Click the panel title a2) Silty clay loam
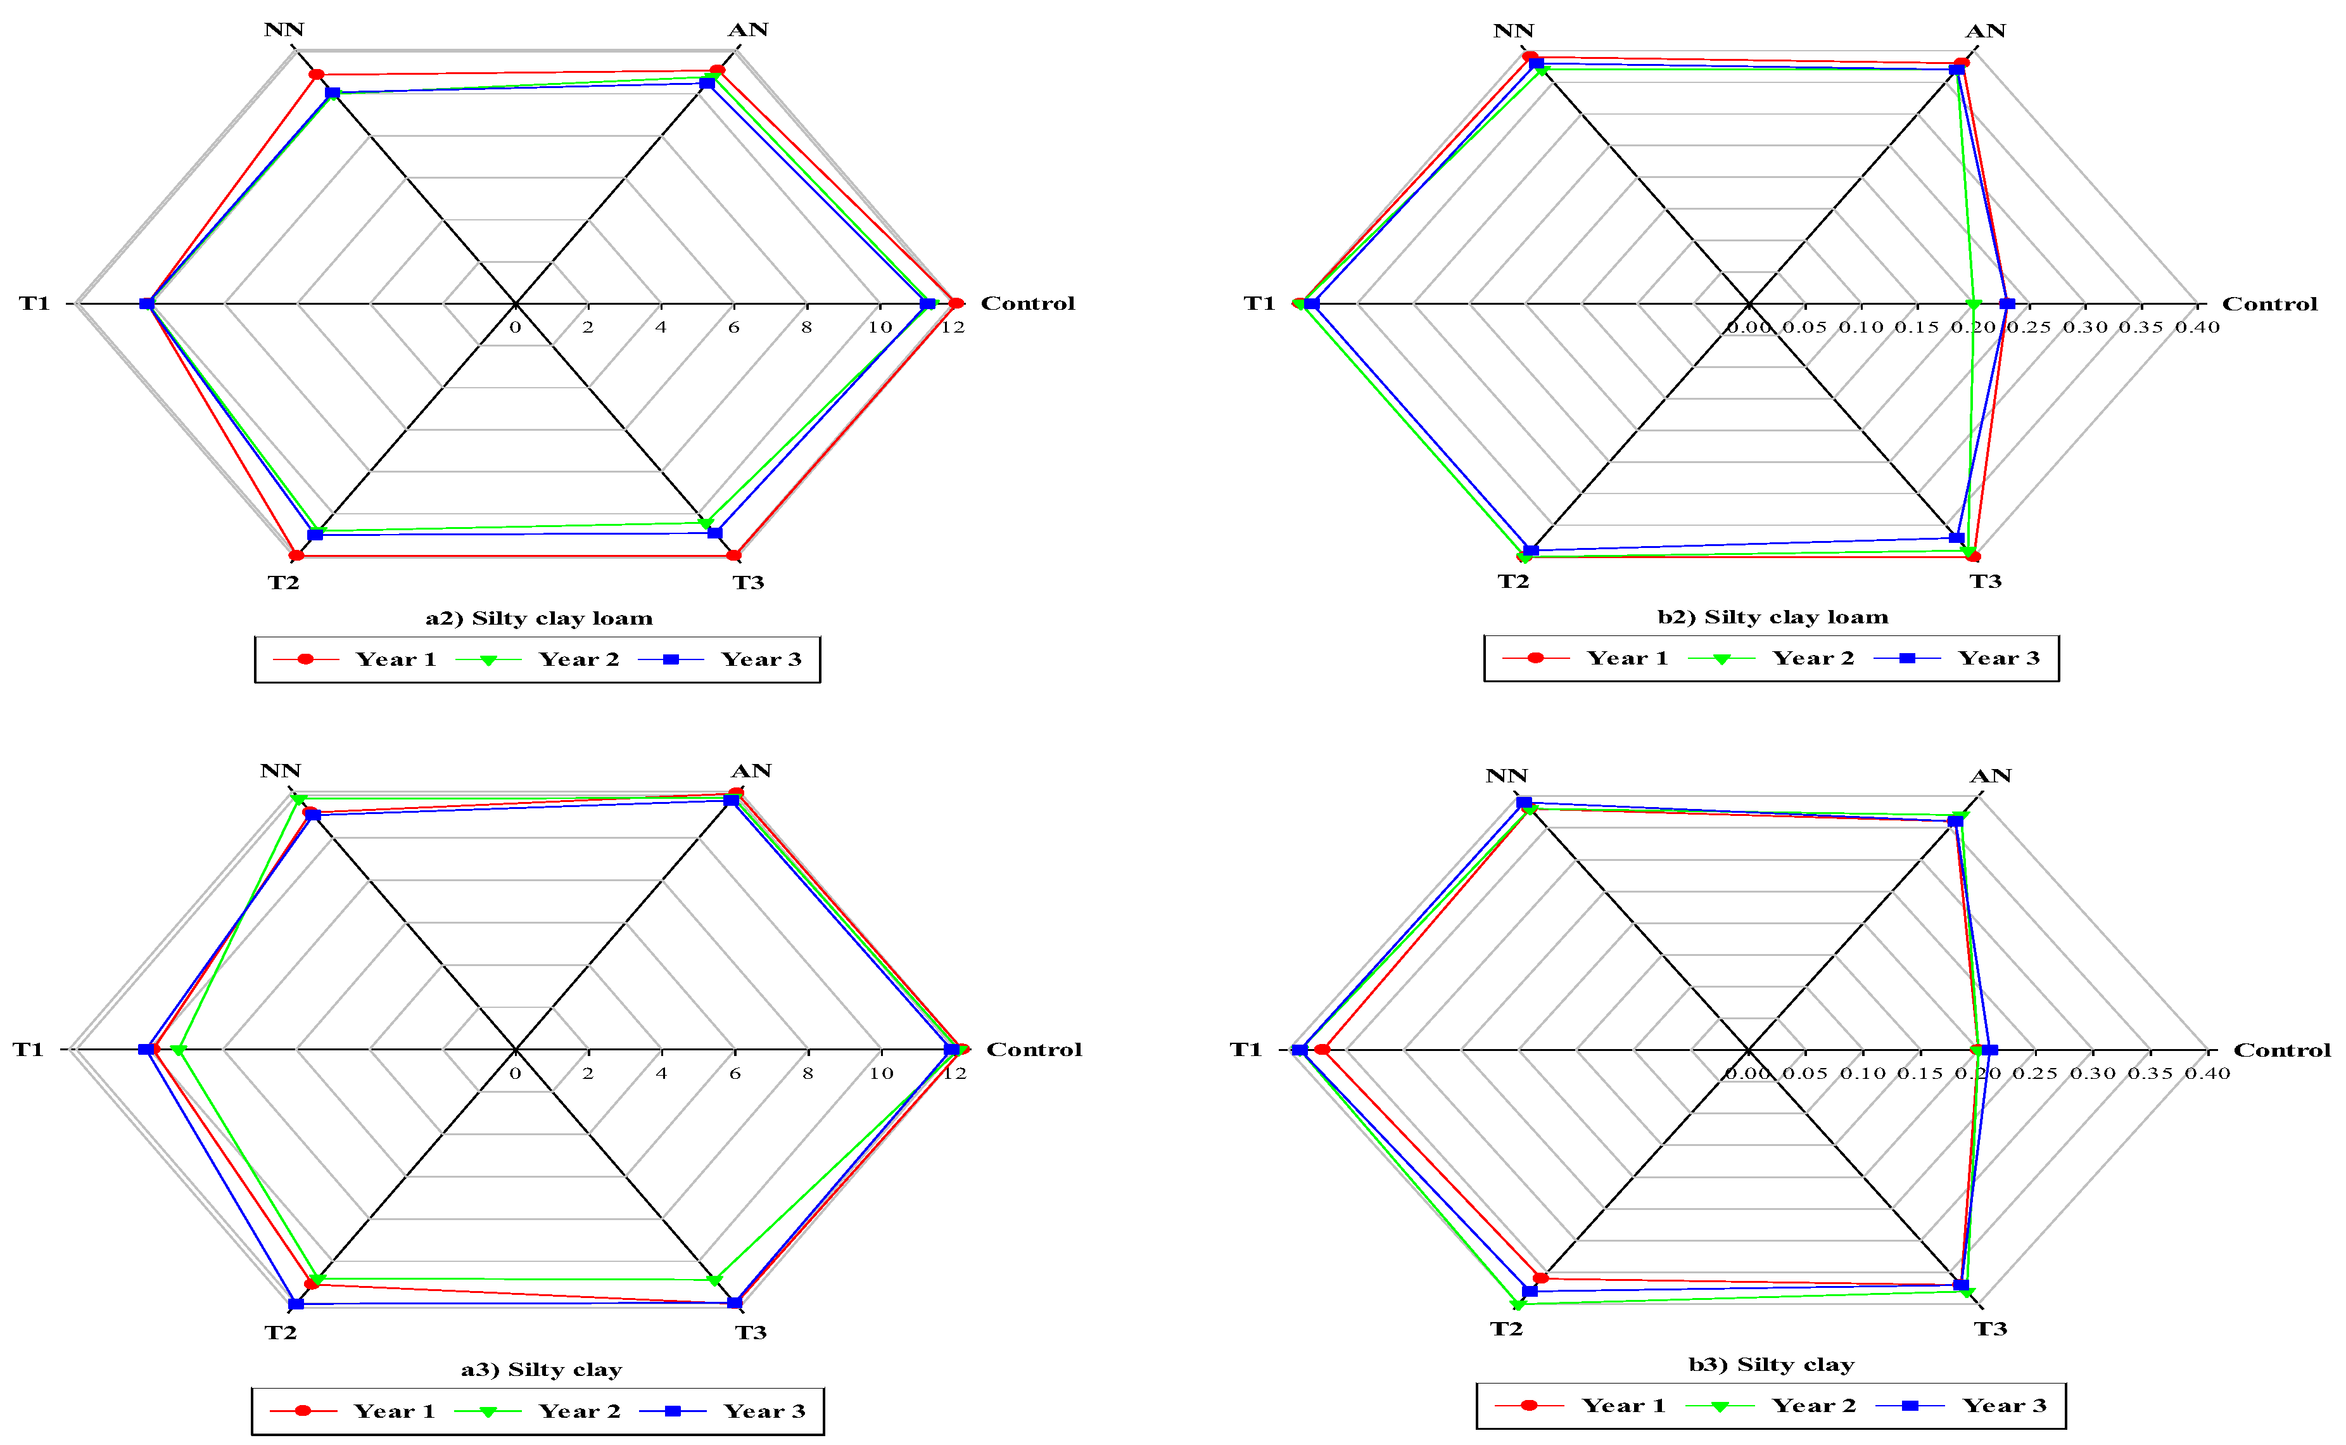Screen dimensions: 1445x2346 pyautogui.click(x=539, y=618)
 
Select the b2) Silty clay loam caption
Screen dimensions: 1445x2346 pyautogui.click(x=1772, y=618)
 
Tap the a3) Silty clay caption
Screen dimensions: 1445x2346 pyautogui.click(x=541, y=1370)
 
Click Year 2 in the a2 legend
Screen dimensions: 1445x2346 pyautogui.click(x=578, y=659)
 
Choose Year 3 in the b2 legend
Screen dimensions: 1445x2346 pyautogui.click(x=1998, y=658)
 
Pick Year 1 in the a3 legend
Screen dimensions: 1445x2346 pyautogui.click(x=393, y=1411)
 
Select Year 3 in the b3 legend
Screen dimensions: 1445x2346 pyautogui.click(x=2004, y=1406)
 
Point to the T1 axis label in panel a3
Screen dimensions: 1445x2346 pyautogui.click(x=28, y=1050)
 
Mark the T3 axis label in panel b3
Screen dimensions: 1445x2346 pyautogui.click(x=1991, y=1329)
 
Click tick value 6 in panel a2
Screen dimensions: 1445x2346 pyautogui.click(x=733, y=328)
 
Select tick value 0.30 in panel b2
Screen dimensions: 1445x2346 pyautogui.click(x=2084, y=328)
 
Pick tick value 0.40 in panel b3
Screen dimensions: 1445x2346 pyautogui.click(x=2207, y=1073)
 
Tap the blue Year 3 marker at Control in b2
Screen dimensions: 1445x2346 pyautogui.click(x=2007, y=304)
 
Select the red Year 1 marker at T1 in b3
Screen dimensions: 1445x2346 pyautogui.click(x=1322, y=1050)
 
